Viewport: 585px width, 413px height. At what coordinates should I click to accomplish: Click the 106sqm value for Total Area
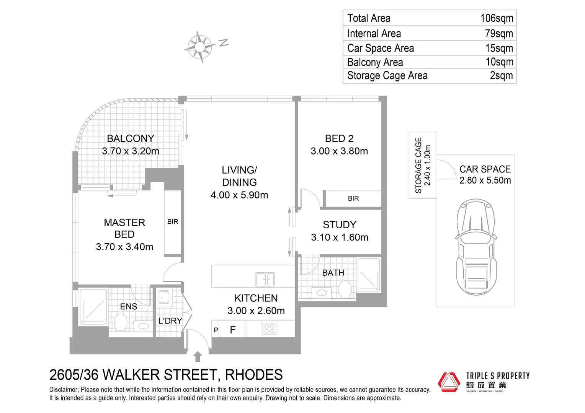tap(497, 18)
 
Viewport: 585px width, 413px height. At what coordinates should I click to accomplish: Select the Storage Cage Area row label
tap(387, 76)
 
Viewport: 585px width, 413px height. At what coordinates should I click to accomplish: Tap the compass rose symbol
tap(200, 47)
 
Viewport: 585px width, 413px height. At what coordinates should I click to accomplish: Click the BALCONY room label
tap(131, 138)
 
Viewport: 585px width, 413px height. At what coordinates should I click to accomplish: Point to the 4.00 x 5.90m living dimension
tap(239, 195)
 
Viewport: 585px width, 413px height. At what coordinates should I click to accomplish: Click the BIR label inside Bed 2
tap(353, 198)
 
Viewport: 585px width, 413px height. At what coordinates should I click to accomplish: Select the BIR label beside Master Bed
tap(173, 222)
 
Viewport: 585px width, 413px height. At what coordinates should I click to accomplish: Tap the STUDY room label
tap(339, 225)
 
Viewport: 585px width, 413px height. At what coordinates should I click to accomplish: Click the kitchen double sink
tap(265, 279)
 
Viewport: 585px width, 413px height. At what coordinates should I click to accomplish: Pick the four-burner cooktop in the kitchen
tap(270, 329)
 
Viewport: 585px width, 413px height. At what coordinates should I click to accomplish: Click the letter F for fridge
tap(232, 330)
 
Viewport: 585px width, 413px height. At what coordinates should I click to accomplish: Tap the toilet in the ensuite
tap(121, 323)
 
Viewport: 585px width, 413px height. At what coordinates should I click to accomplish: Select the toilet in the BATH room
tap(345, 289)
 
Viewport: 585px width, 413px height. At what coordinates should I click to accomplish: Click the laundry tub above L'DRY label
tap(164, 297)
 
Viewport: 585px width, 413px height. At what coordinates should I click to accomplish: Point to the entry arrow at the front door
tap(198, 357)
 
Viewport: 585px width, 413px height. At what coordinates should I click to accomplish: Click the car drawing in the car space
tap(476, 247)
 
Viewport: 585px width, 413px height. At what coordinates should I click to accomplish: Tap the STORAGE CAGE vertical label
tap(418, 165)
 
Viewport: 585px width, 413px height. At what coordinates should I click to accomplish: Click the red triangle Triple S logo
tap(449, 382)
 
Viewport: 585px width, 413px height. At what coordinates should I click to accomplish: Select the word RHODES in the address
tap(254, 375)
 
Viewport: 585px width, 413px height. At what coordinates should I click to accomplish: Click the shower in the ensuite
tap(93, 307)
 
